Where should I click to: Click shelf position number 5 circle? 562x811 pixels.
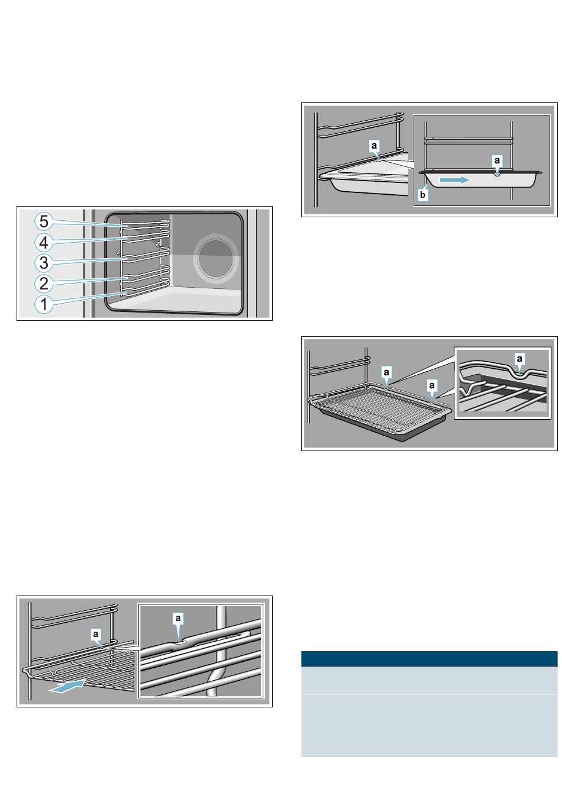44,221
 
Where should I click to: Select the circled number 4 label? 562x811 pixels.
44,242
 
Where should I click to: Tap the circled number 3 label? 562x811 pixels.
44,262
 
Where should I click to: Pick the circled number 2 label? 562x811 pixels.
44,283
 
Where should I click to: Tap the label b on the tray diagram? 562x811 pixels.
422,195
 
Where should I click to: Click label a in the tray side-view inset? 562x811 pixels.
497,160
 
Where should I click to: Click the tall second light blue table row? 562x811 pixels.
429,725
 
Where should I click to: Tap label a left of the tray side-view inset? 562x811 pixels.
374,146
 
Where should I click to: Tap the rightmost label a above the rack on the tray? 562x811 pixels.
432,385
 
